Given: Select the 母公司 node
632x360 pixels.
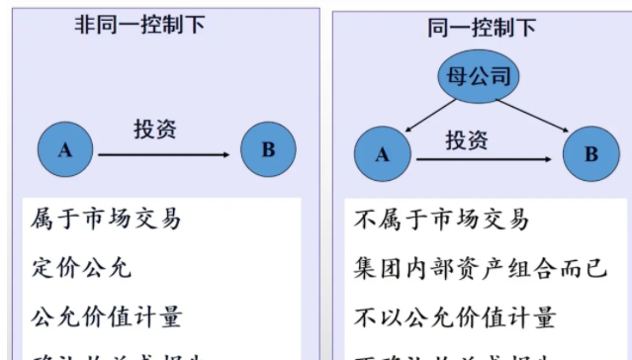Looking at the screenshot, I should (479, 78).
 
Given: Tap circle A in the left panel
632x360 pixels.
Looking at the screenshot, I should (66, 150).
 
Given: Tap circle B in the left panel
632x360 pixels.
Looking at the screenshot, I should (268, 150).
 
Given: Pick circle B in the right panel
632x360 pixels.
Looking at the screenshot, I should (590, 154).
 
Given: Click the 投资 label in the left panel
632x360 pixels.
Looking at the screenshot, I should (157, 128).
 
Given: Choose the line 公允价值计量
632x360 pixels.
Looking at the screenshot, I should (107, 318).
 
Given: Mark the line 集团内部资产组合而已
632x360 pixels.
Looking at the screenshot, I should (479, 268).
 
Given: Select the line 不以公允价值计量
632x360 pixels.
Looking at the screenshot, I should (454, 318).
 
